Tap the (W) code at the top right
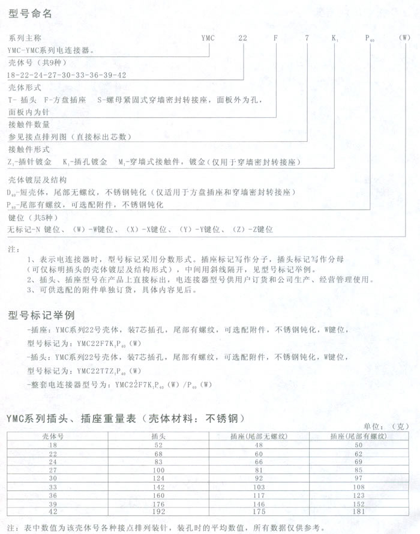click(x=406, y=37)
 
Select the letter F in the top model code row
click(x=275, y=37)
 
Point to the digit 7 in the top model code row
click(x=307, y=37)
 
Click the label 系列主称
click(x=22, y=37)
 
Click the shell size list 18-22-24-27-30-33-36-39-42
click(x=67, y=74)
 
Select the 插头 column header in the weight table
click(x=158, y=435)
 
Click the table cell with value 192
click(x=158, y=511)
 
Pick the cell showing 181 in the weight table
click(x=359, y=511)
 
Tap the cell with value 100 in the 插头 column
click(x=158, y=469)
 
